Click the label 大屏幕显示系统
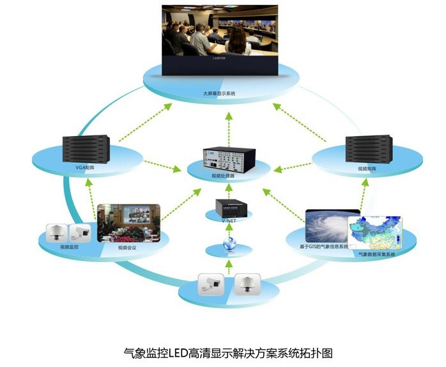tap(219, 94)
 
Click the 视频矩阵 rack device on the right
tap(368, 148)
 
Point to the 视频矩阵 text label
tap(367, 169)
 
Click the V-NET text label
tap(228, 219)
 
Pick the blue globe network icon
tap(229, 244)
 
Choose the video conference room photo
tap(128, 222)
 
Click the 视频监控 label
tap(69, 246)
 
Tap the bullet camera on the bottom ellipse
tap(211, 283)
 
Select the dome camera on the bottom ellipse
tap(247, 283)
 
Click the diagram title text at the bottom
tap(228, 352)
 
